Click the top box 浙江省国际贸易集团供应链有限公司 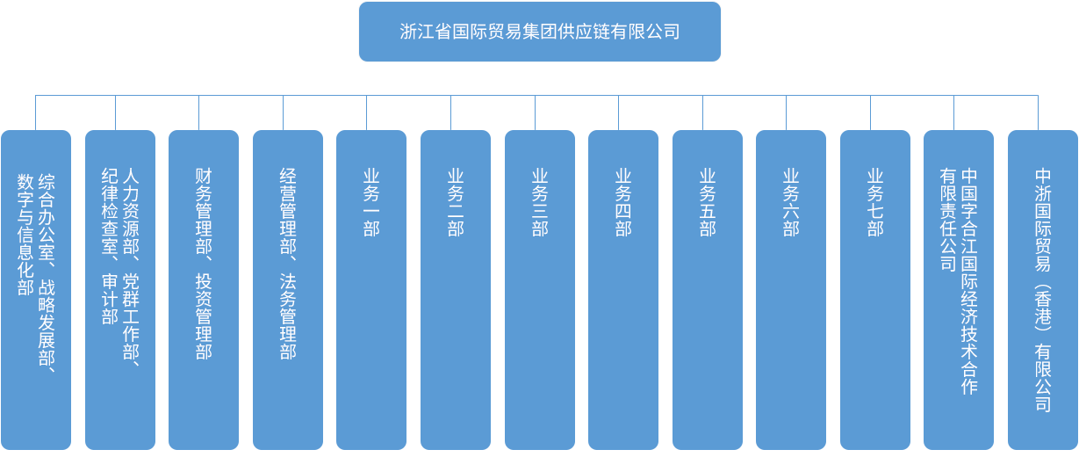(539, 32)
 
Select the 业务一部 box (371, 290)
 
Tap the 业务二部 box (455, 290)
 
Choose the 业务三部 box (539, 290)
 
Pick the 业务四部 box (622, 290)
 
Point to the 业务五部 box (707, 290)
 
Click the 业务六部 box (790, 290)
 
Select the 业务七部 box (874, 290)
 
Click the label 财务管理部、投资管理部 (204, 264)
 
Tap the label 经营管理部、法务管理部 (287, 264)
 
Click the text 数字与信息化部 (25, 234)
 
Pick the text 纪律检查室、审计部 (110, 247)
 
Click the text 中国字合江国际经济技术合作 (968, 280)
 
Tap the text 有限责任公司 (947, 220)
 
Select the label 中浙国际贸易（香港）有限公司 (1042, 289)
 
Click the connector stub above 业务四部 (619, 112)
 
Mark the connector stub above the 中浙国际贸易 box (1038, 112)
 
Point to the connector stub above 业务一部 (367, 112)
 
